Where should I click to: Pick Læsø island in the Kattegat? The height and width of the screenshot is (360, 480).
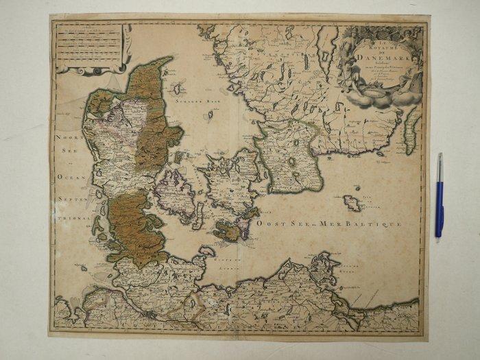point(179,88)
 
